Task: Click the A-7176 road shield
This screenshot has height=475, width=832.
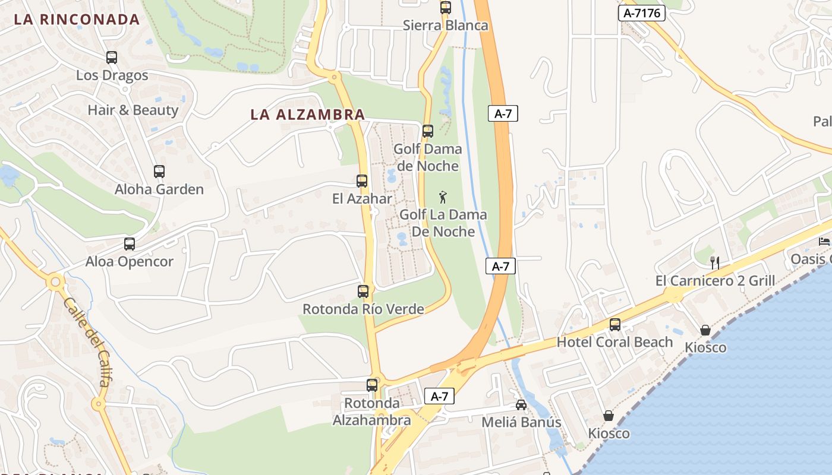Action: (x=641, y=13)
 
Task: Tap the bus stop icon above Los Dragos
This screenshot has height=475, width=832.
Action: (x=112, y=58)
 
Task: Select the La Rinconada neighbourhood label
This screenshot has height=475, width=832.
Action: (x=77, y=20)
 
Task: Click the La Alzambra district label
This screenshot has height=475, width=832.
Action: (x=307, y=115)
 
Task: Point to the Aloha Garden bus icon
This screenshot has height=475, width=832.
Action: (x=159, y=172)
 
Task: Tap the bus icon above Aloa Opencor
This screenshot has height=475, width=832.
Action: (x=130, y=244)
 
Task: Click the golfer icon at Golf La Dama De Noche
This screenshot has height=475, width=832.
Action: (x=442, y=197)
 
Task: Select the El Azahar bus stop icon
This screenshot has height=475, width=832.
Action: (x=362, y=181)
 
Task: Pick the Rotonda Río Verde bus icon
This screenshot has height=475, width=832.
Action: (x=363, y=292)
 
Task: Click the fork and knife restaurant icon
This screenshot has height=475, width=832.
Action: (x=715, y=262)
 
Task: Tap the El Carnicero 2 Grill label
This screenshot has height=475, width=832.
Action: (x=715, y=281)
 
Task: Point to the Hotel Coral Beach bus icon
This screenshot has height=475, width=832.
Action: (x=615, y=325)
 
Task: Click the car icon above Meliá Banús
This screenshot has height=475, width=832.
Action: (x=521, y=405)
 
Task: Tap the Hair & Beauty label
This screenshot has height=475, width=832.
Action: (x=133, y=110)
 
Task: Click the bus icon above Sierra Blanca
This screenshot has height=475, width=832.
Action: (x=446, y=8)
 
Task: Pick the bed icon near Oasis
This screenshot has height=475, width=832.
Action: (x=824, y=241)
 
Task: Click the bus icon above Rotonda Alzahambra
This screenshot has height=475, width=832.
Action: (x=372, y=385)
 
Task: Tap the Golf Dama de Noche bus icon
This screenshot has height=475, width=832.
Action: (x=428, y=131)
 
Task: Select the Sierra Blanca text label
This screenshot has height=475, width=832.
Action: (x=445, y=26)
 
